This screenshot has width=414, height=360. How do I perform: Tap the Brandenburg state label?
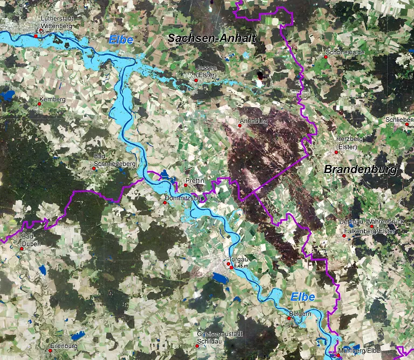[360, 170]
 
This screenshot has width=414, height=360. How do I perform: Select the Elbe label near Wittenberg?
[120, 40]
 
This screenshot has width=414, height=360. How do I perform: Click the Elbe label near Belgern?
[302, 297]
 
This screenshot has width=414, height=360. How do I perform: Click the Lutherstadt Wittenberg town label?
[57, 22]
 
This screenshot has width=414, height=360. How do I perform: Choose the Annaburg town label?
[254, 121]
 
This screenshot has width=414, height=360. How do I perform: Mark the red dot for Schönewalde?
[327, 58]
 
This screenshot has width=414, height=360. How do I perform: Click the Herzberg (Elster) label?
[349, 142]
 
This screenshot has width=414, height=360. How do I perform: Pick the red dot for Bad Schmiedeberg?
[94, 169]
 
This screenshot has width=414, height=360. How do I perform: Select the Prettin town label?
[195, 179]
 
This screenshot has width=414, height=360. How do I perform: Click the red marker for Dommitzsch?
[165, 203]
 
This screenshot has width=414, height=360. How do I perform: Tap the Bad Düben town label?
[31, 240]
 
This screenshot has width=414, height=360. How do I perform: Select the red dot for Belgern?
[288, 318]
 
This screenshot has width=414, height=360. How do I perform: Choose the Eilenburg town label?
[63, 345]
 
